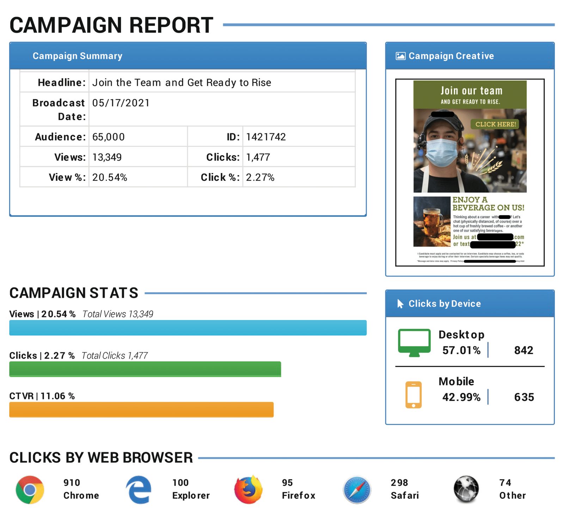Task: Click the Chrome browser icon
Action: click(x=30, y=489)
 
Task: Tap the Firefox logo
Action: click(x=249, y=489)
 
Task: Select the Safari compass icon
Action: click(x=357, y=490)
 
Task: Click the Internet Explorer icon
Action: click(x=139, y=489)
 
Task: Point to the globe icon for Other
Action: click(x=466, y=489)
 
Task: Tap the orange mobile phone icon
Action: click(x=413, y=395)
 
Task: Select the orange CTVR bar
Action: click(x=141, y=409)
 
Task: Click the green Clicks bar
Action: click(x=145, y=369)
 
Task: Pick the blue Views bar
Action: click(x=188, y=328)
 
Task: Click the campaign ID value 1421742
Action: click(x=266, y=137)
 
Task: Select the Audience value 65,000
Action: click(x=109, y=137)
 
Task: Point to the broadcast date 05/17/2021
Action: click(x=121, y=103)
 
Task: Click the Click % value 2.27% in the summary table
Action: click(x=260, y=177)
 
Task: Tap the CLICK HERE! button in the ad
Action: click(x=495, y=124)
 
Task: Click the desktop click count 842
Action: click(x=523, y=350)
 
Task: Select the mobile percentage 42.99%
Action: click(x=461, y=397)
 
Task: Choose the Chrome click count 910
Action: click(x=72, y=483)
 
